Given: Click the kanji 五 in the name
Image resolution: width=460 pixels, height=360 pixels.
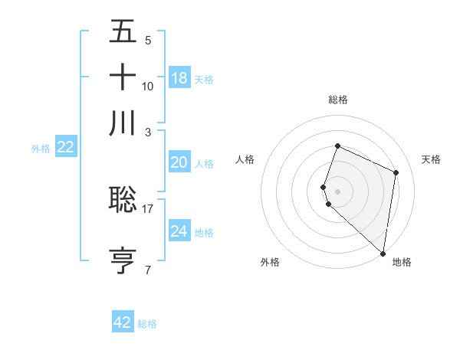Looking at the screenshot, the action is coord(123,32).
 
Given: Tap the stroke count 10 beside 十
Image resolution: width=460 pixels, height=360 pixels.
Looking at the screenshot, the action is coord(148,86).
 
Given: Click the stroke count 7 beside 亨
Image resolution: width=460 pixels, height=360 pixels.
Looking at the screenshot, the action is coord(148,270).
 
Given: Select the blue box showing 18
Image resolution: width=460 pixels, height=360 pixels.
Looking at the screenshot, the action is coord(179,77).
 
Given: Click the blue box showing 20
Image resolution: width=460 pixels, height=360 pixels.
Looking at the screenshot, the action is coord(179,162).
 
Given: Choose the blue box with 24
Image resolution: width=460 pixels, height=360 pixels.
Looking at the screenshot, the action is coord(179,231).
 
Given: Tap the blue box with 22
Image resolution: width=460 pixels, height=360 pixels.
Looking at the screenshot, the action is coord(65,148).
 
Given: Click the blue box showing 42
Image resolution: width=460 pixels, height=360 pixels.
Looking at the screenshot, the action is coord(122,322).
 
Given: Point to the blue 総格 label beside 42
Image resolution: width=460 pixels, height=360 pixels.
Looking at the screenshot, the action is coord(147,324).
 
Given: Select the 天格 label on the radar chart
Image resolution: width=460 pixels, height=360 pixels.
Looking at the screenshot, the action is coord(431,159).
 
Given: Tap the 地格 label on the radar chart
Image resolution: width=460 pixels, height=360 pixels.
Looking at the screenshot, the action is coord(402,262).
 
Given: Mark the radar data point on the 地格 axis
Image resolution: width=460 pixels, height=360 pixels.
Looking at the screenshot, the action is coord(383,254).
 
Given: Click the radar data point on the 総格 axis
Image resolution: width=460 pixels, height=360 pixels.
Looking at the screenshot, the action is coord(337,146).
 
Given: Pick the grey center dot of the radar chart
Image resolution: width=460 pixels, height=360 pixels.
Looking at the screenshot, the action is coord(337,191).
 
